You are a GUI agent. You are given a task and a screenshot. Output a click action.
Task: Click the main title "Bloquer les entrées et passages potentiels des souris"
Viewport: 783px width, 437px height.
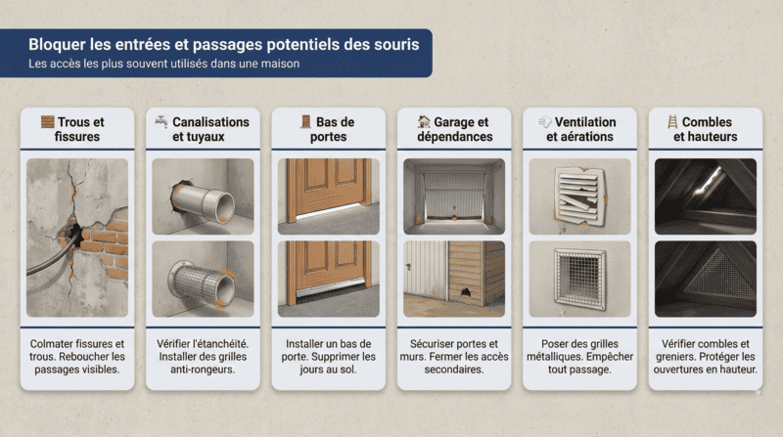[224, 44]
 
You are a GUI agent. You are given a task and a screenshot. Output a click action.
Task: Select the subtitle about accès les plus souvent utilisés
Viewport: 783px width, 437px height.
[163, 64]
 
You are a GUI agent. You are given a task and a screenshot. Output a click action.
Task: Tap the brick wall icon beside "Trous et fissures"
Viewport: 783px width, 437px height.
[47, 122]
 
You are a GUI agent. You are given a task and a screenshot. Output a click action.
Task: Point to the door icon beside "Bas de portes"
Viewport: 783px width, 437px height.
[305, 122]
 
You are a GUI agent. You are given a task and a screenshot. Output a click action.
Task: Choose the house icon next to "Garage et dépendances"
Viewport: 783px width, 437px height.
[423, 122]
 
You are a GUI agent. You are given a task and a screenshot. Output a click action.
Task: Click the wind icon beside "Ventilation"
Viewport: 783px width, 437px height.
[544, 122]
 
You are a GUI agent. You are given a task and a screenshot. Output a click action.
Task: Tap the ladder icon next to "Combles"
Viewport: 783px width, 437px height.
[671, 122]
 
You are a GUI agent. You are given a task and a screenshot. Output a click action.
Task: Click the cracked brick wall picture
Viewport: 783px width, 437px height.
[77, 237]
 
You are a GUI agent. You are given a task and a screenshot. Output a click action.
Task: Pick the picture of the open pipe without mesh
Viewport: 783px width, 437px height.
[203, 196]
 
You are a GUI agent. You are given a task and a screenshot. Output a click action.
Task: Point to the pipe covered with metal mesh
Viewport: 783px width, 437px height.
[203, 278]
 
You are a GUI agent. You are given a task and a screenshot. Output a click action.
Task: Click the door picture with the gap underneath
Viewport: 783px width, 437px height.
[328, 196]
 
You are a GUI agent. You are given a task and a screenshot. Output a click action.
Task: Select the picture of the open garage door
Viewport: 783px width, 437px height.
[454, 196]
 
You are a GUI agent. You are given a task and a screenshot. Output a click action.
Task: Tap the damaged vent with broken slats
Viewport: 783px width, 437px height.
[579, 196]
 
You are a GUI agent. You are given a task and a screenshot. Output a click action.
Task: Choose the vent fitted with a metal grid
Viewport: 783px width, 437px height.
[579, 278]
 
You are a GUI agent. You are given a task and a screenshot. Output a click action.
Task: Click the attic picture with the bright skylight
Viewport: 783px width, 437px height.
[705, 196]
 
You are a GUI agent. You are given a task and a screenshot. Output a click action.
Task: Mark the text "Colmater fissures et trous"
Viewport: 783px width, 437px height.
[77, 350]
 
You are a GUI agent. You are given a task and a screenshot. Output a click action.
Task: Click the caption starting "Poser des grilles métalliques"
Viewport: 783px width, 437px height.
[579, 357]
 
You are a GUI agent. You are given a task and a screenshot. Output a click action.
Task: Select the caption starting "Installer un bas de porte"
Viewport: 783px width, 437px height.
[328, 357]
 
